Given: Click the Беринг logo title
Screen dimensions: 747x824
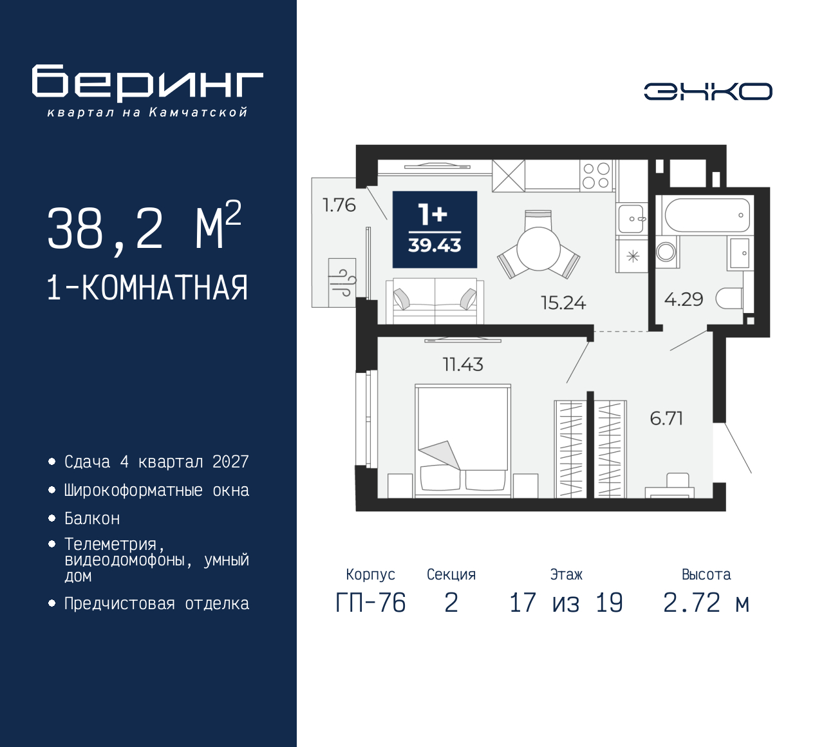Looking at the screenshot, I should (x=147, y=82).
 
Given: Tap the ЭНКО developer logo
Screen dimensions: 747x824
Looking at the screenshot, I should (x=707, y=91).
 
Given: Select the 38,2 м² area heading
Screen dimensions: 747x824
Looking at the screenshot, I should (x=144, y=227).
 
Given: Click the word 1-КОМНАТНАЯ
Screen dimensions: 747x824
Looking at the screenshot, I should (x=147, y=288).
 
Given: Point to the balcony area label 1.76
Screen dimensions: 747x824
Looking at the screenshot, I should (x=339, y=205).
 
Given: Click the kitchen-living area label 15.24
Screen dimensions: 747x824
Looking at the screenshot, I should (x=563, y=303).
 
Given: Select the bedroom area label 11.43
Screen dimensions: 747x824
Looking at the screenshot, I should (x=463, y=364).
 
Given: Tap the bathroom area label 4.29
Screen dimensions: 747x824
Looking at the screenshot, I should (x=684, y=299).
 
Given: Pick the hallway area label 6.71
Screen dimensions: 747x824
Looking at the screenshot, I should (x=666, y=419).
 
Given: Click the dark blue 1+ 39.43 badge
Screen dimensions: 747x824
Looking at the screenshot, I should (x=435, y=229).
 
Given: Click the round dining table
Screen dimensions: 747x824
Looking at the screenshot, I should (x=539, y=249).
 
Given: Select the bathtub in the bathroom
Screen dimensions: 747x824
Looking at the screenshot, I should (x=706, y=215).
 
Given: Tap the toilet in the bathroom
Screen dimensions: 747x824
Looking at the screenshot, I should (x=730, y=298).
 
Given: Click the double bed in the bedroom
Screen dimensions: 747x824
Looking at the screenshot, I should (x=462, y=440).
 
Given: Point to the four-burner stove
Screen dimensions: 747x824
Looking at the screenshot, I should (x=595, y=175).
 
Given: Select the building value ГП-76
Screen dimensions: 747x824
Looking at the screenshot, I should (x=371, y=603).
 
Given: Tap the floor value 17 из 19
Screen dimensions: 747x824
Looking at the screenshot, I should (x=566, y=603).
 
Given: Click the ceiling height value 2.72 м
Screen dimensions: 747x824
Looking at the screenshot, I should (x=706, y=603).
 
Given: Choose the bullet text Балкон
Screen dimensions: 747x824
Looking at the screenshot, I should (x=92, y=518).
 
